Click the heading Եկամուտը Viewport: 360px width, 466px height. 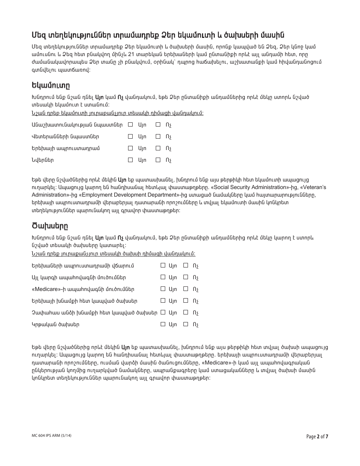[50, 84]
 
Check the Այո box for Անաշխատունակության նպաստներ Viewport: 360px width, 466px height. [131, 124]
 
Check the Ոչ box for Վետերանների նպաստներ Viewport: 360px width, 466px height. [158, 136]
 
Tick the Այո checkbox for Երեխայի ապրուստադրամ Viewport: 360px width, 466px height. [131, 148]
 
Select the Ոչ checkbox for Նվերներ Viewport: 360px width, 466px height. [158, 160]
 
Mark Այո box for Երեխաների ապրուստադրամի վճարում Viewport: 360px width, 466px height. [163, 266]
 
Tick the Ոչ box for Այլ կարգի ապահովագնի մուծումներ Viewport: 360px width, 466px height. [186, 277]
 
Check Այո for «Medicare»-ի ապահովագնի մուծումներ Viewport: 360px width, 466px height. [163, 289]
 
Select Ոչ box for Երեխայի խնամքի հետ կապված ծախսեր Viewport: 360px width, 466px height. [186, 301]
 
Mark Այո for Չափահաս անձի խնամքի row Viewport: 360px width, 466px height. [163, 313]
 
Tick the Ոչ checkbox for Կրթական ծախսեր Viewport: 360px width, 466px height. [186, 324]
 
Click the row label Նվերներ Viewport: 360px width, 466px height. [43, 160]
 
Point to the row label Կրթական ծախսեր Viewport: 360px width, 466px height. [55, 325]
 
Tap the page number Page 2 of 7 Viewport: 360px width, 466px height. [317, 436]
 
